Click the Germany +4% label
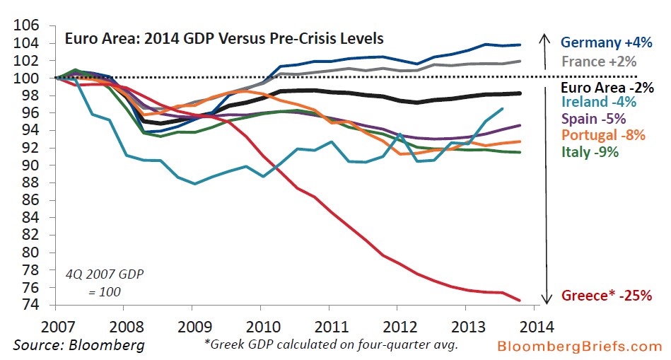point(606,42)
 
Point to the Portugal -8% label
point(603,134)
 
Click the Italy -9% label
point(590,151)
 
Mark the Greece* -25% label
point(606,296)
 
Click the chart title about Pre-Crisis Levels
point(224,37)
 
